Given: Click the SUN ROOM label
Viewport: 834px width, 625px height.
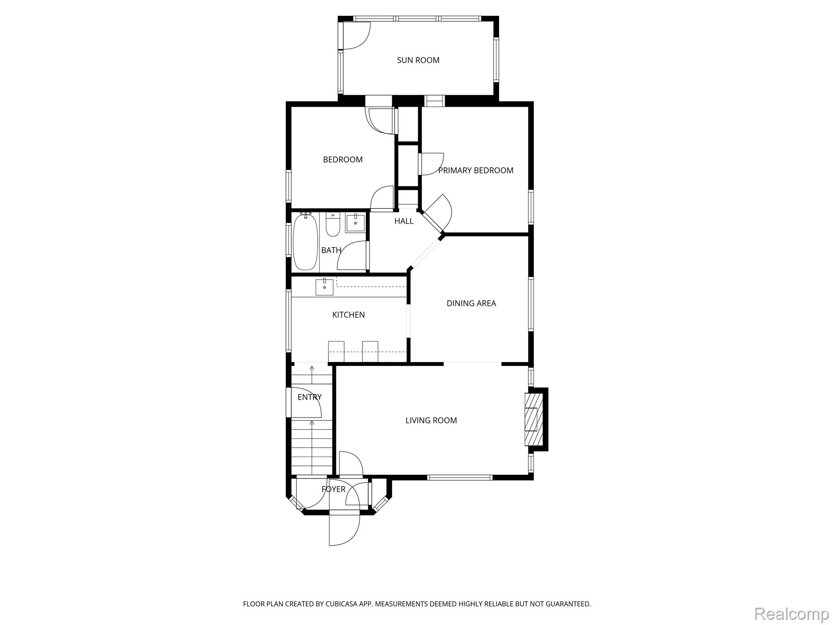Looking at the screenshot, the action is [418, 60].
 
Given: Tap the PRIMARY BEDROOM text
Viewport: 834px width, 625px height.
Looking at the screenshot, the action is [476, 170].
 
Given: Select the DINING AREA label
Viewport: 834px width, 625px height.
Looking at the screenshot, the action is [471, 303].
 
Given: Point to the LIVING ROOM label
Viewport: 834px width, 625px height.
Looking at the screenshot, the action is [431, 420].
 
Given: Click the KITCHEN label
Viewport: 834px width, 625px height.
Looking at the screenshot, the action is [348, 315].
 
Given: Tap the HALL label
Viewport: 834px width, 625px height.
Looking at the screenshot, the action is [404, 221].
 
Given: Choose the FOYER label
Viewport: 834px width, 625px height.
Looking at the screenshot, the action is [334, 489].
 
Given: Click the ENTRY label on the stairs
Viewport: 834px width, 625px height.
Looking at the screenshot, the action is [309, 397].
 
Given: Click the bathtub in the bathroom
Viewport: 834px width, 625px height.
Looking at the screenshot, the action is [305, 242].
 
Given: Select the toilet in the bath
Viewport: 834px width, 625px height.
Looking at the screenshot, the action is [333, 225].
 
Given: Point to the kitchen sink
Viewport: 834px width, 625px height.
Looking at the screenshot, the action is [325, 287].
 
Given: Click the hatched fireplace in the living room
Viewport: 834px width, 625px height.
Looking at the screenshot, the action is [533, 419].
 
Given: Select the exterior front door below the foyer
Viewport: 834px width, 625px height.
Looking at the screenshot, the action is [345, 530].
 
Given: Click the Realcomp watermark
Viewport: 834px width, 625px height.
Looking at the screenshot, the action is [792, 613].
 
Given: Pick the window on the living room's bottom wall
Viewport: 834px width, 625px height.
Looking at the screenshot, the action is [460, 478].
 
